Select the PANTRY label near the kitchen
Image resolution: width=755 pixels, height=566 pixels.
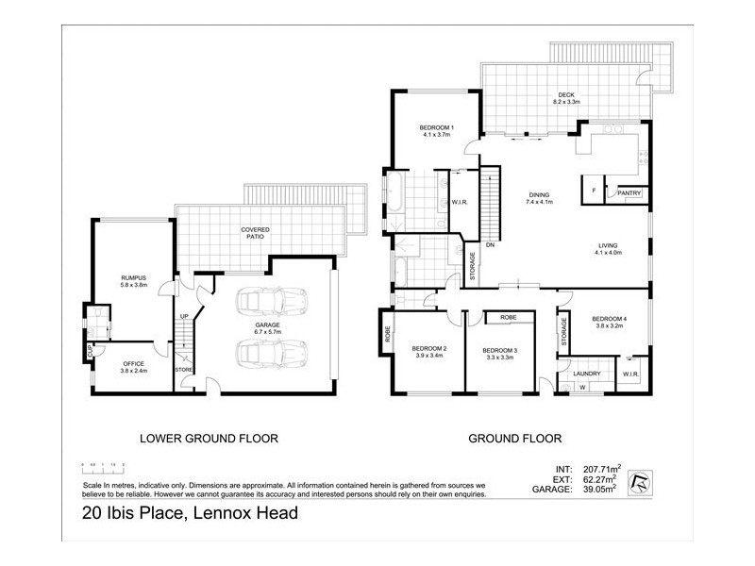click(629, 193)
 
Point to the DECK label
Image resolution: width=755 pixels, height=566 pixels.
click(565, 94)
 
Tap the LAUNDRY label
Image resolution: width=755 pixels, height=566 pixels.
click(586, 373)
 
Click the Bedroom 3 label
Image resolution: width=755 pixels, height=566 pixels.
click(501, 350)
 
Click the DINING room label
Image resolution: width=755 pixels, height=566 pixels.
click(539, 194)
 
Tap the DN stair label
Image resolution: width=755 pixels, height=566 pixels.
click(490, 245)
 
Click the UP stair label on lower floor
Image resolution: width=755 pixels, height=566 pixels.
click(184, 316)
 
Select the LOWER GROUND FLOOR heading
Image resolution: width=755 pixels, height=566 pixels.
click(209, 438)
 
